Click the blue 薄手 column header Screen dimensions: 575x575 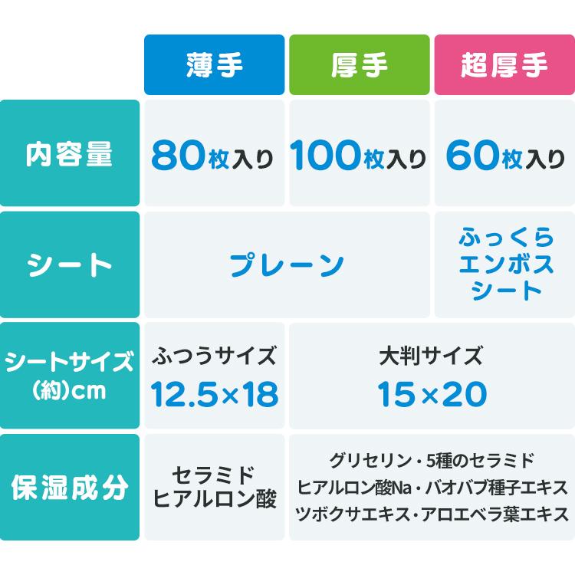point(214,65)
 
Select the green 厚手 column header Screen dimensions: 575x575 point(359,65)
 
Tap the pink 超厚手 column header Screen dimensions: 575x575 point(504,65)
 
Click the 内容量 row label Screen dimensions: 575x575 point(70,154)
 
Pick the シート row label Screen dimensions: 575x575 point(70,265)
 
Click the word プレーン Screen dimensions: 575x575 point(287,265)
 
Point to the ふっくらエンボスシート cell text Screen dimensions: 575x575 point(504,265)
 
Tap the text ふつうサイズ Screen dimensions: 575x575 point(214,356)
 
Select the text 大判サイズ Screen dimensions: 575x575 point(432,356)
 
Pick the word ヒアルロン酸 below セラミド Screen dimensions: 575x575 point(214,499)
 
